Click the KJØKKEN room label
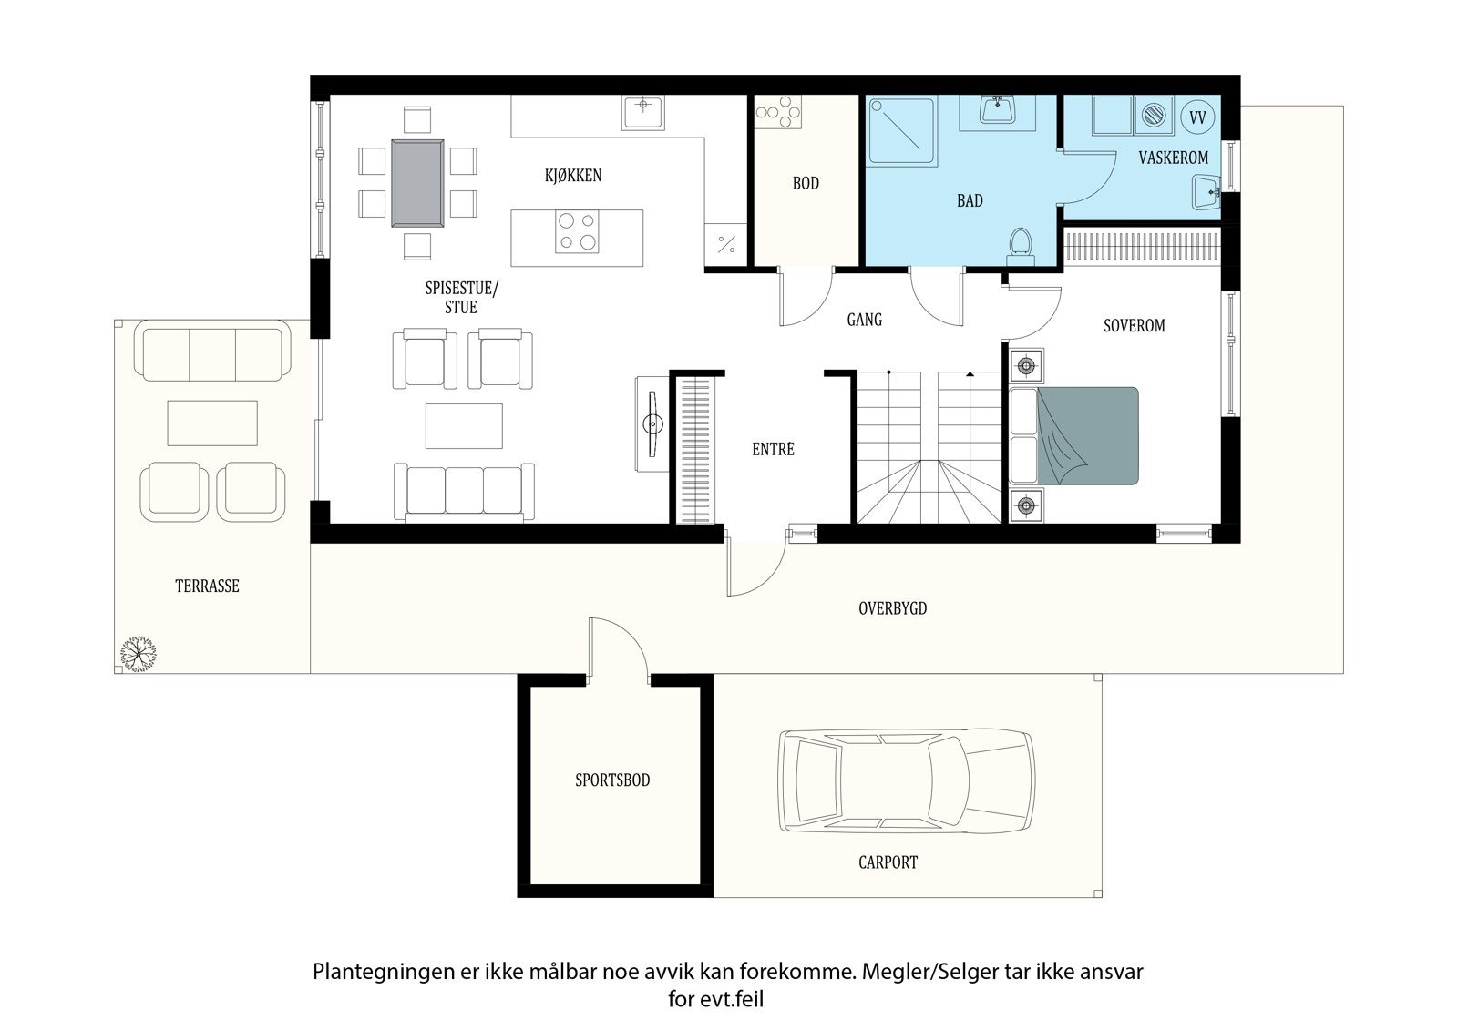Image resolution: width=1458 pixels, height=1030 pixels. [573, 175]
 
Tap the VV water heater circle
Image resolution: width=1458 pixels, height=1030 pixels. [1197, 117]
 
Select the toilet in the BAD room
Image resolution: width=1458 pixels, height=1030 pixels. [1020, 247]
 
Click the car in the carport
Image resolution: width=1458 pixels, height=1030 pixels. [907, 780]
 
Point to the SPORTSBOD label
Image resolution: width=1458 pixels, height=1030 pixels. [612, 780]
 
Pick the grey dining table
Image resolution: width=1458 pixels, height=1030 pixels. [418, 183]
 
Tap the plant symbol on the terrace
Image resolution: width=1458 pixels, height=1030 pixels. [138, 653]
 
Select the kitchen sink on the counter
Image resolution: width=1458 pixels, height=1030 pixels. [643, 113]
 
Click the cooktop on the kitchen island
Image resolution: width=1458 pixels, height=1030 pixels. [577, 231]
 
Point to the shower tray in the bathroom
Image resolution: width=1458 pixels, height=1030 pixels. [902, 131]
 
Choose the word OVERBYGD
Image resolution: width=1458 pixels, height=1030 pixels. [892, 608]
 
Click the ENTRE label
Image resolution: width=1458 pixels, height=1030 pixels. [774, 449]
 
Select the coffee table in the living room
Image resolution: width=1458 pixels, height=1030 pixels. [464, 426]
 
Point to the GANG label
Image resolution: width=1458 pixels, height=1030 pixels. [865, 320]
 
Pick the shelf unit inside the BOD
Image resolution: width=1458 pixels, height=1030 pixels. [778, 112]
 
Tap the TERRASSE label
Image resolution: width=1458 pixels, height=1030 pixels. [207, 586]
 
